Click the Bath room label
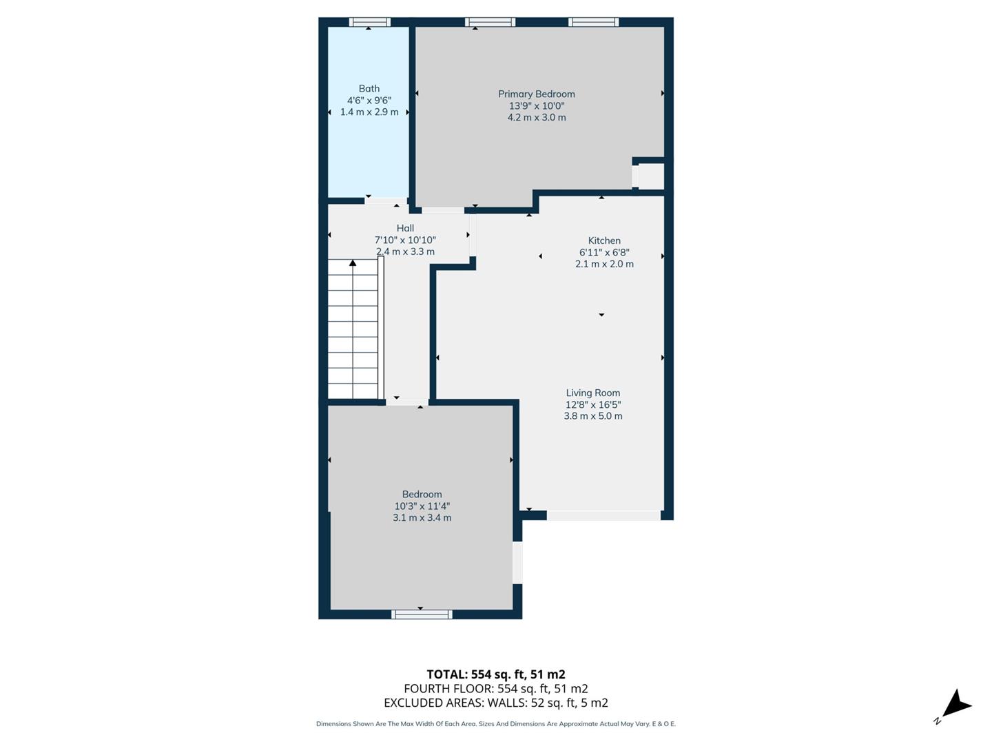[369, 88]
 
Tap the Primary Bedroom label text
[536, 94]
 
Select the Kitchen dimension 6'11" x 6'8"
[604, 252]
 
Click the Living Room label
[592, 393]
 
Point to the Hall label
[405, 228]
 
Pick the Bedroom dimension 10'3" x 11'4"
[422, 506]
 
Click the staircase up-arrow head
[353, 262]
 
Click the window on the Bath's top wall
[369, 22]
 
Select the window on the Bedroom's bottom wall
[422, 614]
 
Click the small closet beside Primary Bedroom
[651, 176]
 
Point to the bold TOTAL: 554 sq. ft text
[495, 674]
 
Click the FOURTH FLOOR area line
[495, 688]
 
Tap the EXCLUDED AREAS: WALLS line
[495, 703]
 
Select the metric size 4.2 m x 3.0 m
[536, 117]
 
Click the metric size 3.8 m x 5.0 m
[592, 416]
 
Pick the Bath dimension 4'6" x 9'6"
[369, 100]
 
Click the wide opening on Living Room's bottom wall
[603, 515]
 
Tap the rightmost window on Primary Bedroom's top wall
[593, 22]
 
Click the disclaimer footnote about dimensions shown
[495, 724]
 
